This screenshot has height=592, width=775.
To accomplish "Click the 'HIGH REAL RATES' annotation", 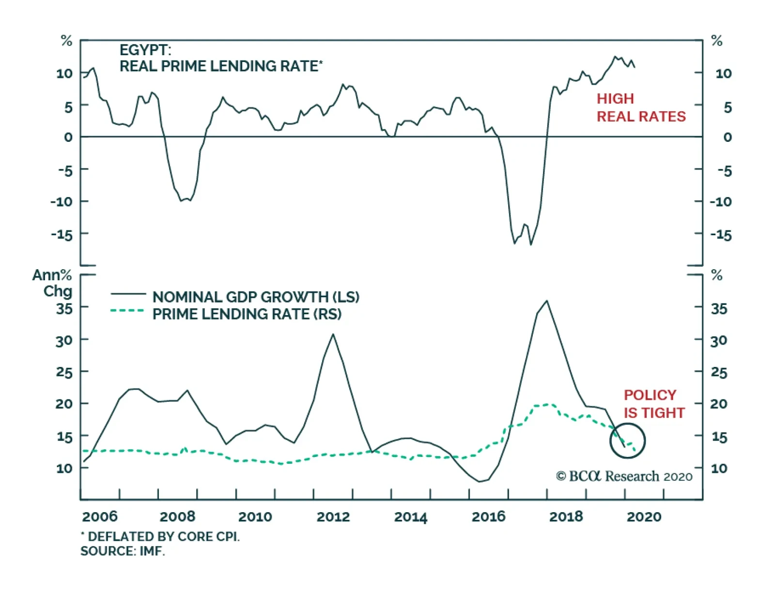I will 640,107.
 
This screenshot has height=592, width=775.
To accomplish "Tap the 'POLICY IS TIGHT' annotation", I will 654,404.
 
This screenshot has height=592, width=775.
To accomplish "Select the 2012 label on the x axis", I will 333,516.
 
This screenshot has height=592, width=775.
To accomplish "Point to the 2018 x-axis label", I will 566,516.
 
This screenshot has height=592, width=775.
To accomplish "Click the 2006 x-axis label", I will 100,516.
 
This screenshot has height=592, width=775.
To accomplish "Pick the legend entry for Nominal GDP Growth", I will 256,297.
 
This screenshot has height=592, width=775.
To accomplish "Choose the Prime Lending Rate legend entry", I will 247,314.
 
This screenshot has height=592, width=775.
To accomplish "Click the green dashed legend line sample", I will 127,311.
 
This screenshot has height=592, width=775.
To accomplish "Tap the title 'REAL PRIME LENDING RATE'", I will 221,66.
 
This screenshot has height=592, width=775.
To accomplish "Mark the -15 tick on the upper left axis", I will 62,235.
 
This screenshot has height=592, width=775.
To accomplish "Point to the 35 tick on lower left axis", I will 64,308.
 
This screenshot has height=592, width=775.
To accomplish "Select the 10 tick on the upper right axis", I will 724,74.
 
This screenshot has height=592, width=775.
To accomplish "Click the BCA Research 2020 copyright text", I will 624,476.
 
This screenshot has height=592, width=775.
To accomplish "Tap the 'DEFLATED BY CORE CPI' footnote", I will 160,536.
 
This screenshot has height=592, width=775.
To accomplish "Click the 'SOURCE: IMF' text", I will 123,551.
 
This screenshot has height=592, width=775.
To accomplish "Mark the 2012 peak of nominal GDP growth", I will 333,334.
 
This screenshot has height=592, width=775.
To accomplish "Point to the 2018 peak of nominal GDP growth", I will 547,301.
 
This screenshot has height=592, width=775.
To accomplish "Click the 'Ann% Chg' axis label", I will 53,283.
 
